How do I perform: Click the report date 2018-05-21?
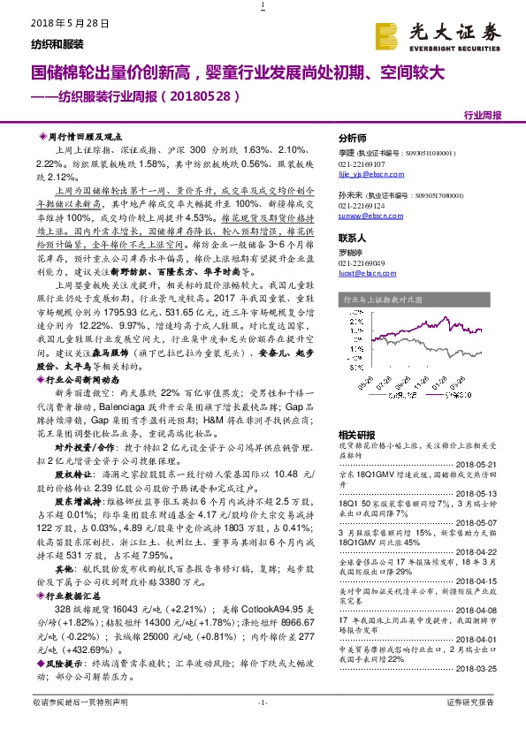[x=480, y=463]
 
